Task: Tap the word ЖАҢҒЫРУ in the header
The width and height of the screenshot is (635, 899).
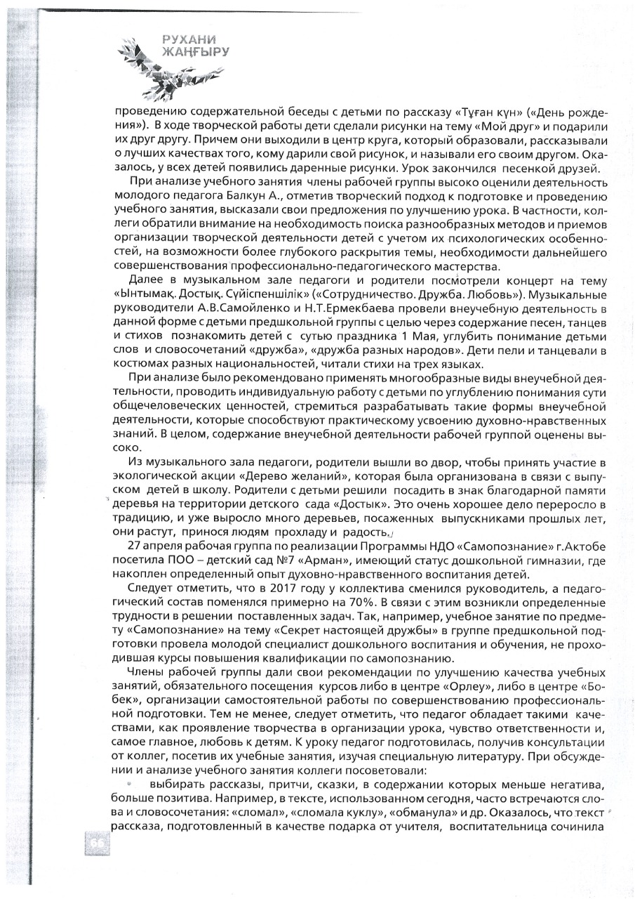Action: click(x=195, y=52)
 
